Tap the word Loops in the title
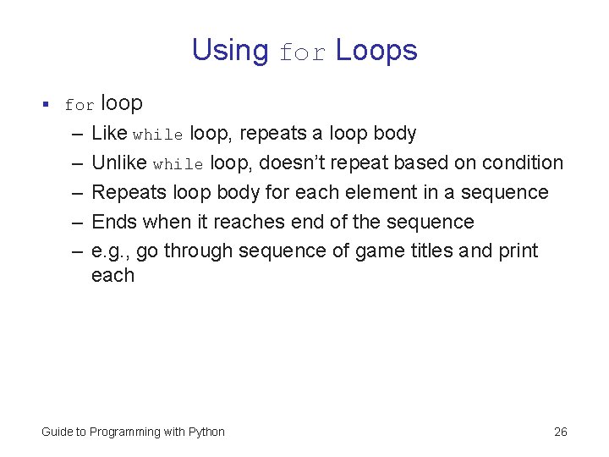[x=376, y=51]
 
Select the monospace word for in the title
[x=302, y=52]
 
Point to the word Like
[x=109, y=134]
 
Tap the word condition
[x=522, y=162]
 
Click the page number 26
[x=560, y=432]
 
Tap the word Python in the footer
[x=206, y=432]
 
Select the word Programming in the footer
[x=125, y=432]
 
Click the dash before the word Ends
[x=76, y=222]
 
